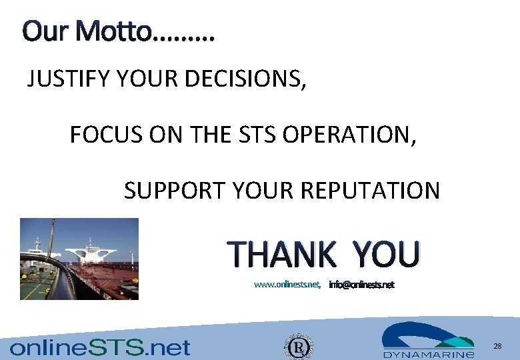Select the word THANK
(281, 254)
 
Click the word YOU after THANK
(386, 254)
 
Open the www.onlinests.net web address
(287, 285)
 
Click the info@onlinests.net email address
(361, 285)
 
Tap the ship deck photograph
(79, 259)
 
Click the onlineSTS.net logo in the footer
(99, 347)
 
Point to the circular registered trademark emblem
(298, 347)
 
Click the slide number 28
(497, 346)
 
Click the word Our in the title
(44, 31)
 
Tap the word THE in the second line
(203, 135)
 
